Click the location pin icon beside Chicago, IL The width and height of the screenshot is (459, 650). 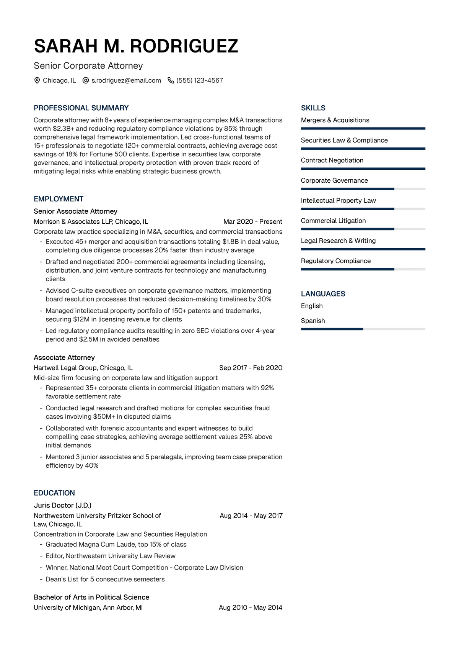(x=37, y=80)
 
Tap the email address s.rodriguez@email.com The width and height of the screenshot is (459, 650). (x=126, y=80)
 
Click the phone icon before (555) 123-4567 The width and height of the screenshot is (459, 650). (x=171, y=80)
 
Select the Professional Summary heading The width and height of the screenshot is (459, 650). (x=81, y=108)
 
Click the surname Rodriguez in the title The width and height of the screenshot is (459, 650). (x=184, y=46)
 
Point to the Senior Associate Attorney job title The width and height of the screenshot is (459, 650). (x=75, y=211)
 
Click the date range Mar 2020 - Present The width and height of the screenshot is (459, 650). (x=252, y=222)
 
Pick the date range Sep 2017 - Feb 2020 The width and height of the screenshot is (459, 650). (x=251, y=368)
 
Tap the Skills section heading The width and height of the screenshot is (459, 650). (x=313, y=108)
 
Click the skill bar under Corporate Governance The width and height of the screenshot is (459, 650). (x=363, y=189)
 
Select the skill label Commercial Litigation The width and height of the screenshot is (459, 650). (x=333, y=221)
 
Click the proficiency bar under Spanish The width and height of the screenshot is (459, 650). (x=363, y=329)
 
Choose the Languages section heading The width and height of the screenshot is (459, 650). (x=323, y=294)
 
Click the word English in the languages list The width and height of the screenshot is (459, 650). (x=312, y=306)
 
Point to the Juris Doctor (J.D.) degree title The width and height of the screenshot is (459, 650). (x=63, y=505)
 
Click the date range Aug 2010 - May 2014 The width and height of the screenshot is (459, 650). (x=250, y=607)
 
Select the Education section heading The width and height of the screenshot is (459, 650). (x=54, y=493)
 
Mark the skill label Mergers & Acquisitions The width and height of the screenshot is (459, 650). (x=335, y=120)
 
